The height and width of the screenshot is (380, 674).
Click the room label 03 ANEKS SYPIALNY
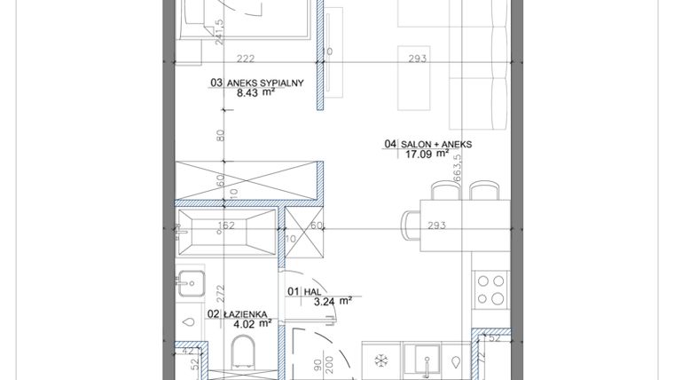tap(257, 83)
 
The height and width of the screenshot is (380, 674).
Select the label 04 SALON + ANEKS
tap(429, 144)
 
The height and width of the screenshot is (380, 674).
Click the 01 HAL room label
tap(303, 290)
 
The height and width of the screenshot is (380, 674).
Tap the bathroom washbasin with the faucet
tap(191, 284)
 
